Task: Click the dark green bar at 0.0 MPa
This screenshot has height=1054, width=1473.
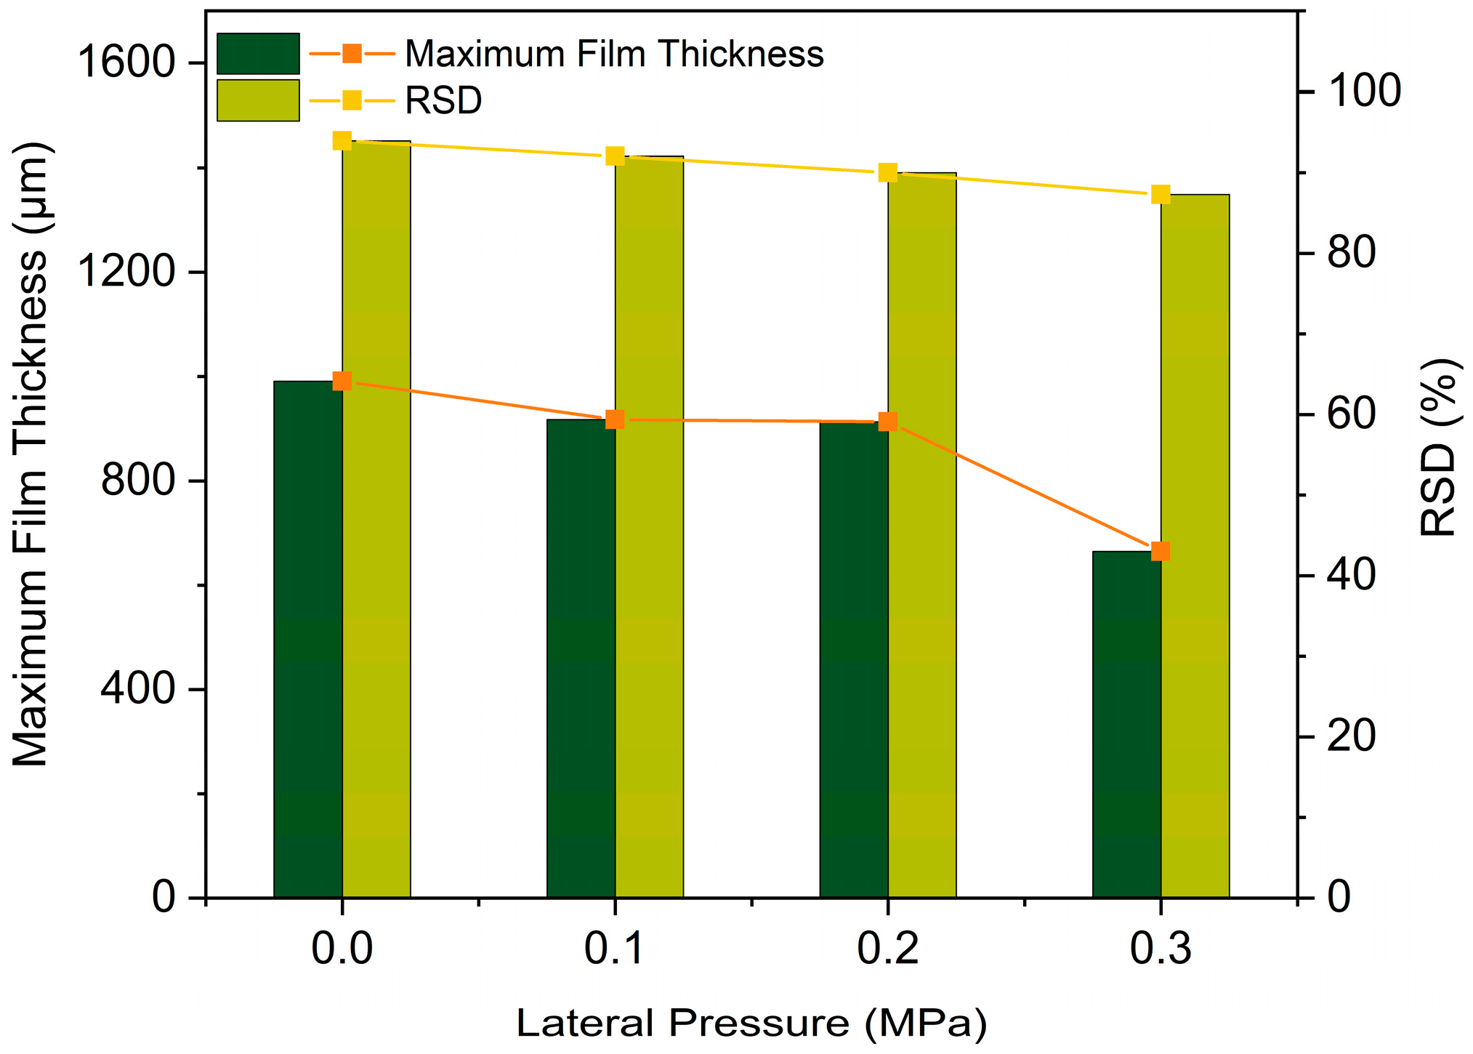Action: pyautogui.click(x=307, y=640)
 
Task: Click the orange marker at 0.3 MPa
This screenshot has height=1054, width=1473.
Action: pyautogui.click(x=1161, y=551)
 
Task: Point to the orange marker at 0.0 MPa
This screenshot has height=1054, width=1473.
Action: pyautogui.click(x=342, y=382)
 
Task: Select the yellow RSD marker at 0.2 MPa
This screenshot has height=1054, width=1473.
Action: pyautogui.click(x=887, y=173)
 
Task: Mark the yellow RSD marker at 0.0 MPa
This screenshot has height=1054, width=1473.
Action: pyautogui.click(x=342, y=141)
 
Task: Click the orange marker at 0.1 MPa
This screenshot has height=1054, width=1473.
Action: pyautogui.click(x=615, y=419)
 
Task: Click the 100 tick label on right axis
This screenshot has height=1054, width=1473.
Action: pyautogui.click(x=1364, y=92)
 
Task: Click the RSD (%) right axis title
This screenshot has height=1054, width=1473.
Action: pyautogui.click(x=1439, y=448)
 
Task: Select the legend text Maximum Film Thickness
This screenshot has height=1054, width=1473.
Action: pyautogui.click(x=614, y=55)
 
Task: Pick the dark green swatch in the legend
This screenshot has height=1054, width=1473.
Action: pyautogui.click(x=258, y=54)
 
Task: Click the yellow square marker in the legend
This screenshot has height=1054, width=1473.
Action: pyautogui.click(x=352, y=100)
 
